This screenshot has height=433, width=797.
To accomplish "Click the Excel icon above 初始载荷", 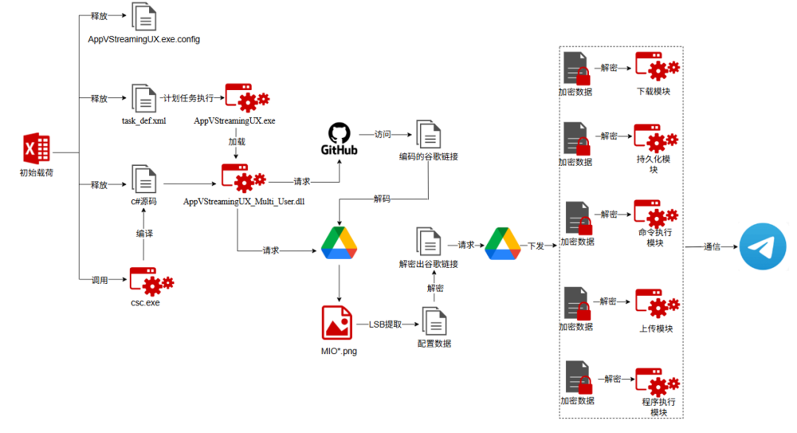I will (x=36, y=149).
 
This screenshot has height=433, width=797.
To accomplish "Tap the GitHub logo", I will (x=339, y=139).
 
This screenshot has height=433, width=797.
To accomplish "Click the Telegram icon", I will (x=763, y=246).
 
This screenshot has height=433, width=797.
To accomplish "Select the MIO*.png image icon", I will (x=337, y=323).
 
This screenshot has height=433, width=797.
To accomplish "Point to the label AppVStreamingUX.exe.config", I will (x=144, y=39).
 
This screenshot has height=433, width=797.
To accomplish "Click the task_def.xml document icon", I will (x=144, y=99).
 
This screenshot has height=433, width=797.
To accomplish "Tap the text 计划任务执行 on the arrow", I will (x=188, y=98).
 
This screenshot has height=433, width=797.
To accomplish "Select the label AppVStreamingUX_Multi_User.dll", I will (x=244, y=202).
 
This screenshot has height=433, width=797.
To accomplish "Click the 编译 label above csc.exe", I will (x=144, y=233).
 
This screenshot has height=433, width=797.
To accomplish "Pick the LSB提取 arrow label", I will (x=385, y=324).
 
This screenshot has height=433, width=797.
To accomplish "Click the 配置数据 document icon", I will (x=434, y=322).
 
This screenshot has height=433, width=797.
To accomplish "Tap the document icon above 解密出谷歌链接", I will (x=428, y=241).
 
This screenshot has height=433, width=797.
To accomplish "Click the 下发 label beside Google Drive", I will (x=536, y=246).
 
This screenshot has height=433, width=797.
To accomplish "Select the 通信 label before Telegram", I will (x=712, y=246).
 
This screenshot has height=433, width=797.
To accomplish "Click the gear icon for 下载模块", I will (x=657, y=66).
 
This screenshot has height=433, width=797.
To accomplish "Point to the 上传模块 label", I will (x=656, y=329).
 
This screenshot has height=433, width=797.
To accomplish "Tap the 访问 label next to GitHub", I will (x=382, y=135).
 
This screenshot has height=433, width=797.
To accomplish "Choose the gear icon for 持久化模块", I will (x=655, y=138).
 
